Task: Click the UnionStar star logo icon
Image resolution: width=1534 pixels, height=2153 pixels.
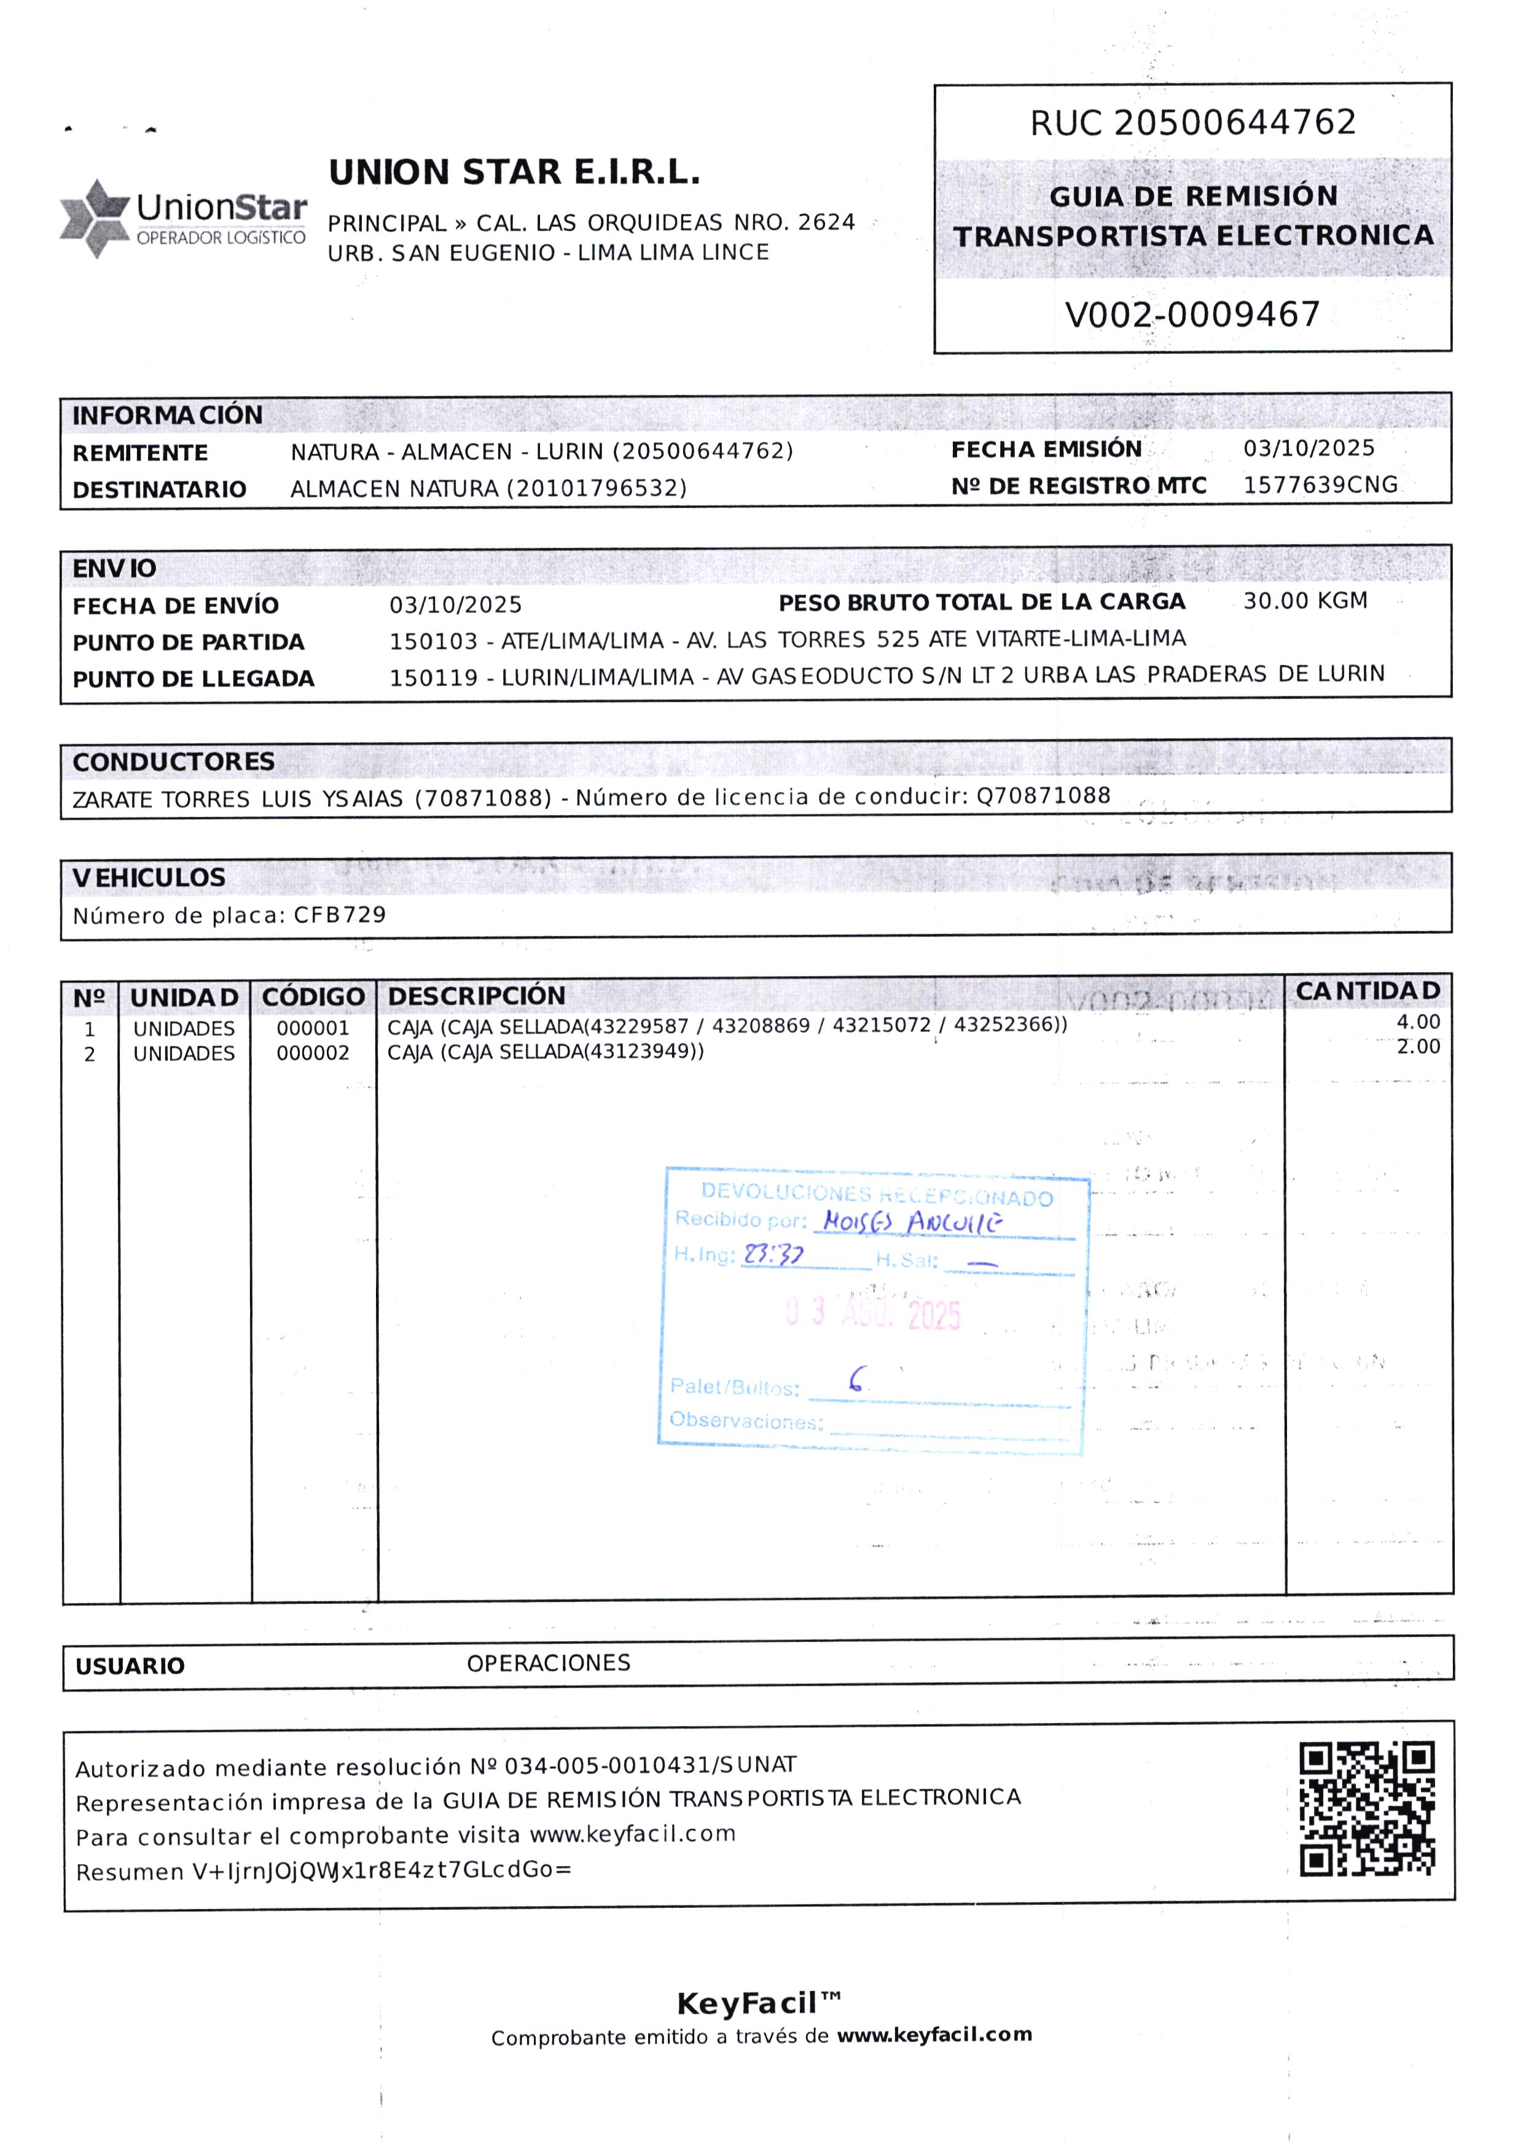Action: (x=95, y=217)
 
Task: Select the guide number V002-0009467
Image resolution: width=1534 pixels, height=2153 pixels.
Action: (x=1192, y=315)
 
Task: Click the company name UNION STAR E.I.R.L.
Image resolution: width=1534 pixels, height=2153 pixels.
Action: (x=514, y=173)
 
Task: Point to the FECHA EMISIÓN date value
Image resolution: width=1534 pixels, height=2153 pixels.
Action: (x=1309, y=448)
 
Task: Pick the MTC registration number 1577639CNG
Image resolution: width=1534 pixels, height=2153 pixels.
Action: (x=1320, y=485)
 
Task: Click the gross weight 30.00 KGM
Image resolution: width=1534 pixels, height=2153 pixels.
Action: (x=1304, y=601)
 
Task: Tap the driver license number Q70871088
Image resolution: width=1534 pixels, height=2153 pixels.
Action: (x=1043, y=796)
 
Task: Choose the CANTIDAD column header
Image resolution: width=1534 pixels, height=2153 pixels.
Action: (x=1367, y=991)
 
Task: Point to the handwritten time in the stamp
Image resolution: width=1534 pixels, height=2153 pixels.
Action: (x=773, y=1255)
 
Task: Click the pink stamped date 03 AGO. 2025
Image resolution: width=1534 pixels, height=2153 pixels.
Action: (x=873, y=1313)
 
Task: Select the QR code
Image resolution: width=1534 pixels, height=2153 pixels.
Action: (x=1367, y=1809)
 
